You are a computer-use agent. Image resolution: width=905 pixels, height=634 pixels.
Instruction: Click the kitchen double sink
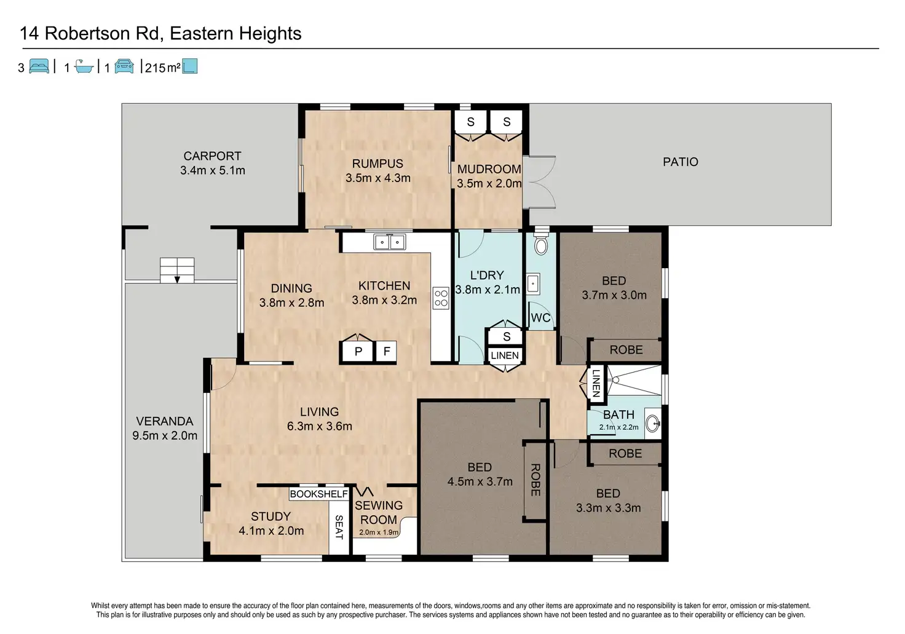click(389, 242)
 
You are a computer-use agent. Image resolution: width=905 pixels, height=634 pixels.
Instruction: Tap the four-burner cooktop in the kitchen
click(441, 298)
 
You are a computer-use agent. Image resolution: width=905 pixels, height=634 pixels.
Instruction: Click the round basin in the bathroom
click(653, 424)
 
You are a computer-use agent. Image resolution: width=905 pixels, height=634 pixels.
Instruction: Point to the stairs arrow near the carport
click(177, 279)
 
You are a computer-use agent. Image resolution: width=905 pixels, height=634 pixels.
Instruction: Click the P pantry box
click(358, 351)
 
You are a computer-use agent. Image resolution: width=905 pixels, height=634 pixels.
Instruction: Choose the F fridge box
click(387, 351)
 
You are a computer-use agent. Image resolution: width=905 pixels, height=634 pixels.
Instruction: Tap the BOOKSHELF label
click(318, 494)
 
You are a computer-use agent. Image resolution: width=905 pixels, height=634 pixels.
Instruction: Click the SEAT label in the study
click(339, 527)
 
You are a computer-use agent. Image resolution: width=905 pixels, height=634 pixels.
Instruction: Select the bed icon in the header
click(39, 66)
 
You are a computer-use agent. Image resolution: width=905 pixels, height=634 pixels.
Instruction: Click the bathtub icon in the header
click(84, 66)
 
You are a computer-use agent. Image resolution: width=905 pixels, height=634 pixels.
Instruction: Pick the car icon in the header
click(124, 66)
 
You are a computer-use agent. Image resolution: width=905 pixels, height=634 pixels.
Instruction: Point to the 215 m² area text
click(162, 68)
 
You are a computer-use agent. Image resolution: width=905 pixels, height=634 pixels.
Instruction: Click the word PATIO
click(681, 162)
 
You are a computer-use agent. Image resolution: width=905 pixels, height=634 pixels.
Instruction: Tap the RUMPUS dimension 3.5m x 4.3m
click(377, 178)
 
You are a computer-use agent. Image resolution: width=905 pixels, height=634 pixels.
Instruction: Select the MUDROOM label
click(489, 169)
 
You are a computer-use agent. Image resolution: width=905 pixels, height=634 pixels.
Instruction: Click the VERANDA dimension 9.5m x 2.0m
click(165, 435)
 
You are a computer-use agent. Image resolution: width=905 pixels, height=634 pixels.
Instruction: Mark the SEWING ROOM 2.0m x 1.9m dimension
click(379, 532)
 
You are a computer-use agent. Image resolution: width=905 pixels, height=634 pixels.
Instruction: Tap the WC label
click(540, 317)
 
